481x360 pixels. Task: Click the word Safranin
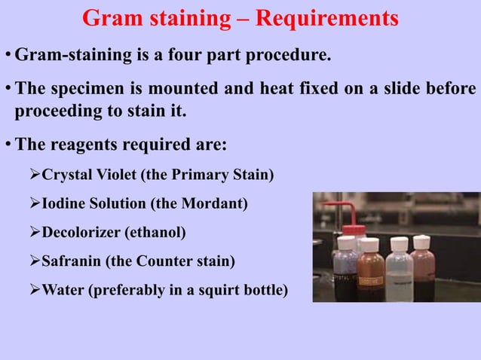pyautogui.click(x=72, y=261)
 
